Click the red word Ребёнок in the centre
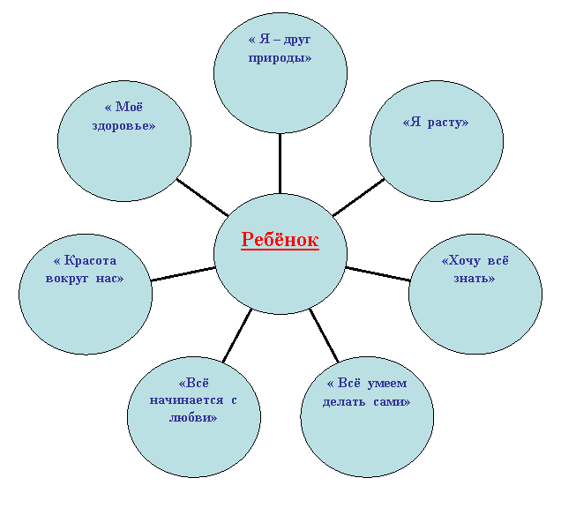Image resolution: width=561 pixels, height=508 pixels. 280,239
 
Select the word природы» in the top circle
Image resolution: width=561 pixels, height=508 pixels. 280,57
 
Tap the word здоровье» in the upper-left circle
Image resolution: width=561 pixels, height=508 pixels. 123,125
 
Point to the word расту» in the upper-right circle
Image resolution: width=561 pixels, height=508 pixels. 448,123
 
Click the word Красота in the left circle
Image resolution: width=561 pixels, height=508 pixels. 90,260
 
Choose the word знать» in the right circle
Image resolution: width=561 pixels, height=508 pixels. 475,278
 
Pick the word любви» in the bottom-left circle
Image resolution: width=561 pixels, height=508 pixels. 193,417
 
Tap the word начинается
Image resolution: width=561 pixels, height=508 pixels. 186,400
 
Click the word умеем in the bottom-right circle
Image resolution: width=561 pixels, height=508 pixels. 387,384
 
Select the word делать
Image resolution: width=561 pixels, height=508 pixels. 344,402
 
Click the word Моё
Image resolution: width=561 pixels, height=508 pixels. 129,107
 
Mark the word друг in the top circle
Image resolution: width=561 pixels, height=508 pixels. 296,40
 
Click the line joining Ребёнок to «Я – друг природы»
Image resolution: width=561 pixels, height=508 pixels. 280,163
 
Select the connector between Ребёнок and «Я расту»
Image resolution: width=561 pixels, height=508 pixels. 358,198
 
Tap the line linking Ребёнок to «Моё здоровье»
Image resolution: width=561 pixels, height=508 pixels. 202,198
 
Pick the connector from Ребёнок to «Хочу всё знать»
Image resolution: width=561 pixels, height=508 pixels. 378,273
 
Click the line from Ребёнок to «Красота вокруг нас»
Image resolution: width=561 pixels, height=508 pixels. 183,273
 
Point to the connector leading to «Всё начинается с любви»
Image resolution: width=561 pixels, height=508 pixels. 237,335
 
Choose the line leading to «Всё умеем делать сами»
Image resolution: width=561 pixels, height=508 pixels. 324,335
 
